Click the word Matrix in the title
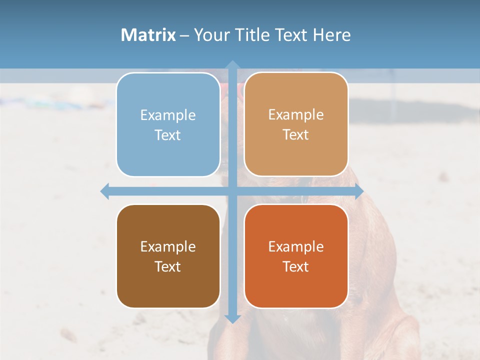pos(148,35)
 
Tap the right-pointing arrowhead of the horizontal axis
pos(359,191)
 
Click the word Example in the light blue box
pos(168,115)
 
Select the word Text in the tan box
pos(296,135)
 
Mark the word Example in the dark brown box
pos(168,247)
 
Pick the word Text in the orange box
pos(296,266)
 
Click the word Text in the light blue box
pos(168,135)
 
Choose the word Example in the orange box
pos(296,247)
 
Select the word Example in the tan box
pos(296,115)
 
